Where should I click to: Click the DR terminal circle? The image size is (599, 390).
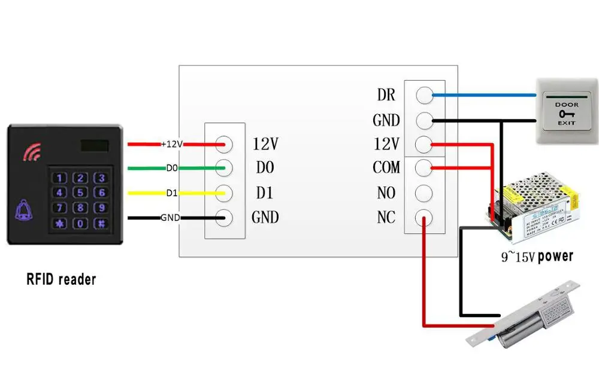(424, 95)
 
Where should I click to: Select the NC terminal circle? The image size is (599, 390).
(424, 218)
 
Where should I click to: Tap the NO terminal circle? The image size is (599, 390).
(424, 193)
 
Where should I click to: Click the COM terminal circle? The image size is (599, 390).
(424, 168)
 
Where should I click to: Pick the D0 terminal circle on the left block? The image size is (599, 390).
(225, 168)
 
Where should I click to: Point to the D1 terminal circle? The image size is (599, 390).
(225, 193)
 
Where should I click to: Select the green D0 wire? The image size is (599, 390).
(147, 168)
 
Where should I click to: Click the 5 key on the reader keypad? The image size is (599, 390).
(81, 193)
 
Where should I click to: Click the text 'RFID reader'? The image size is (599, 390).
(61, 279)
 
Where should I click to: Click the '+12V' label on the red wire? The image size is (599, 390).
(171, 144)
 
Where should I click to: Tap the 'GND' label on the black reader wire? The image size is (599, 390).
(170, 218)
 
